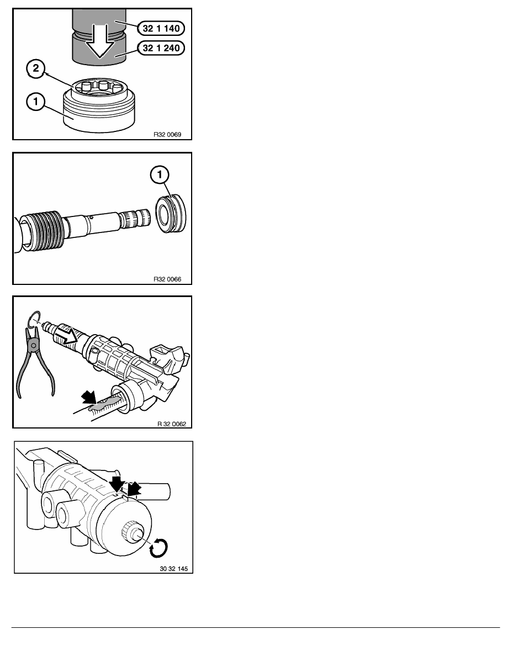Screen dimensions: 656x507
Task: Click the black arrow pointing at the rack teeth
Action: coord(88,396)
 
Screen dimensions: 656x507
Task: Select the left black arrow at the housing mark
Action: coord(117,484)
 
